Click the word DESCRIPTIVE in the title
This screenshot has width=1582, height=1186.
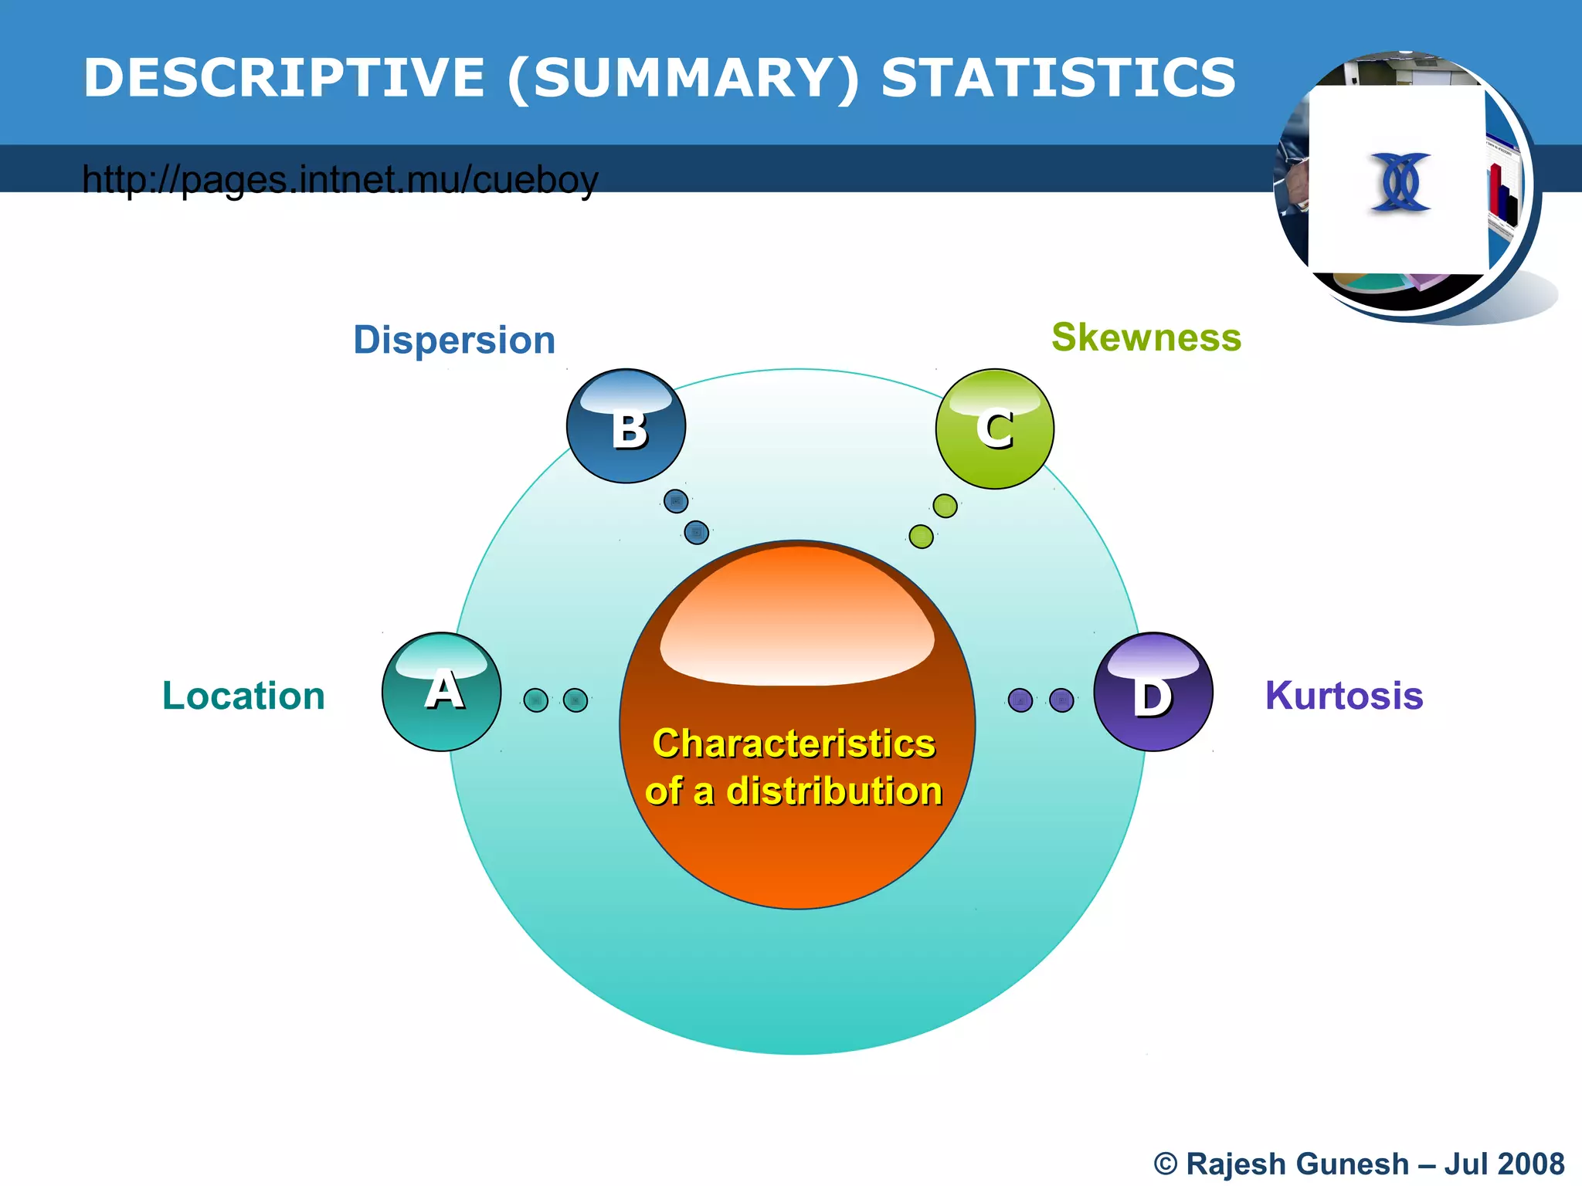click(283, 78)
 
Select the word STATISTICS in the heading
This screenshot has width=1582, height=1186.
click(1058, 78)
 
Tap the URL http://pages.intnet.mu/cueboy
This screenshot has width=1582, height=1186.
click(340, 179)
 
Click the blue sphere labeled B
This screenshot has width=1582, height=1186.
click(626, 426)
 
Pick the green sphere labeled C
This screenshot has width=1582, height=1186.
click(995, 429)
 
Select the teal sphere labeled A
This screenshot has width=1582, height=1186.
click(442, 691)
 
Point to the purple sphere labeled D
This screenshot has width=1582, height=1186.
click(1153, 692)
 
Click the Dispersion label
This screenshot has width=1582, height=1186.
click(454, 340)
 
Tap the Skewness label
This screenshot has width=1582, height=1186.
click(1146, 337)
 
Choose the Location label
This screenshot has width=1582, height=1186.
click(243, 696)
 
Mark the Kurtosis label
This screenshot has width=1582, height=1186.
click(1344, 696)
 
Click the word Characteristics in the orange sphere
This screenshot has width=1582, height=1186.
click(794, 744)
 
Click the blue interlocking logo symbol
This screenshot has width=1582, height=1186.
click(1400, 182)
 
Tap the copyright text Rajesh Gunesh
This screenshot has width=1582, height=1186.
click(1297, 1164)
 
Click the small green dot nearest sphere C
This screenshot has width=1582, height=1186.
click(945, 507)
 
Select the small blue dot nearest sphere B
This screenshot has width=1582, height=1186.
click(676, 501)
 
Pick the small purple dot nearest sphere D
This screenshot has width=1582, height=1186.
click(1061, 700)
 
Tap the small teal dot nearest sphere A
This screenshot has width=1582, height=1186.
click(536, 700)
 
